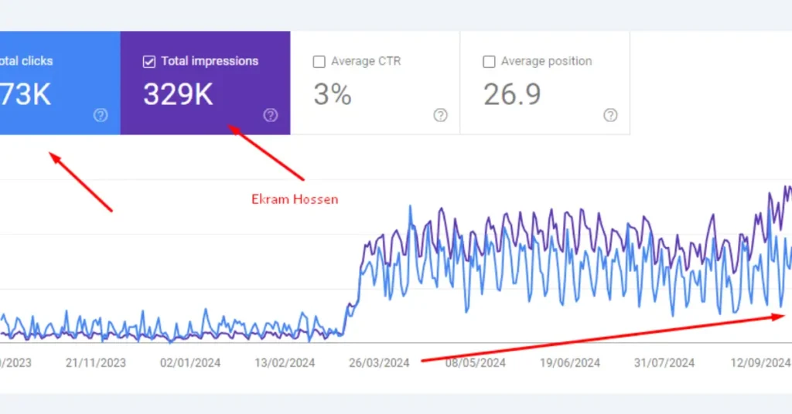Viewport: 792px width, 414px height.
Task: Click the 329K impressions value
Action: coord(178,94)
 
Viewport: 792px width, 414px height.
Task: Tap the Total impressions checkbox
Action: coord(149,62)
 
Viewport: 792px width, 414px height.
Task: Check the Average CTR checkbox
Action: coord(319,62)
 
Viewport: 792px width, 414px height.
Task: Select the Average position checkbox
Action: coord(489,62)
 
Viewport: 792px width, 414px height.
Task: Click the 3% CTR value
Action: coord(333,94)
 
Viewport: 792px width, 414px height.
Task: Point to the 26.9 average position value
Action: coord(512,94)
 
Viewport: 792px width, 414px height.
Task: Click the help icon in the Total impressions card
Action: coord(270,115)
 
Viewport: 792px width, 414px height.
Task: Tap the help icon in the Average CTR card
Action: coord(440,115)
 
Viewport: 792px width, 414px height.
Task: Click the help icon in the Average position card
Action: coord(610,115)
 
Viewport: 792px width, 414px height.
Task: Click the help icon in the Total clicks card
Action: coord(101,115)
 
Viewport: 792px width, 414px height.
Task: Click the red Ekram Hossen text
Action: coord(295,199)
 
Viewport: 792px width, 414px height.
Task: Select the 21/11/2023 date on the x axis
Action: coord(95,362)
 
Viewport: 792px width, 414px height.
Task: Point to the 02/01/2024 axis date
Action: coord(190,362)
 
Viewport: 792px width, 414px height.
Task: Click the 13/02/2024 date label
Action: coord(285,362)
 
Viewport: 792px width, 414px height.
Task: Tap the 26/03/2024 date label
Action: coord(380,362)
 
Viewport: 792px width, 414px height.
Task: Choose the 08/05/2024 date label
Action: coord(475,362)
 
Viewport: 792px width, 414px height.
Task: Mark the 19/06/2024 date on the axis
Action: coord(570,362)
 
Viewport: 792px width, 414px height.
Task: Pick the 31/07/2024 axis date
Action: coord(665,362)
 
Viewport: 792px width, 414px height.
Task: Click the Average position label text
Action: coord(546,61)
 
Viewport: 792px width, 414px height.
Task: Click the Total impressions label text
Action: coord(210,61)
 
